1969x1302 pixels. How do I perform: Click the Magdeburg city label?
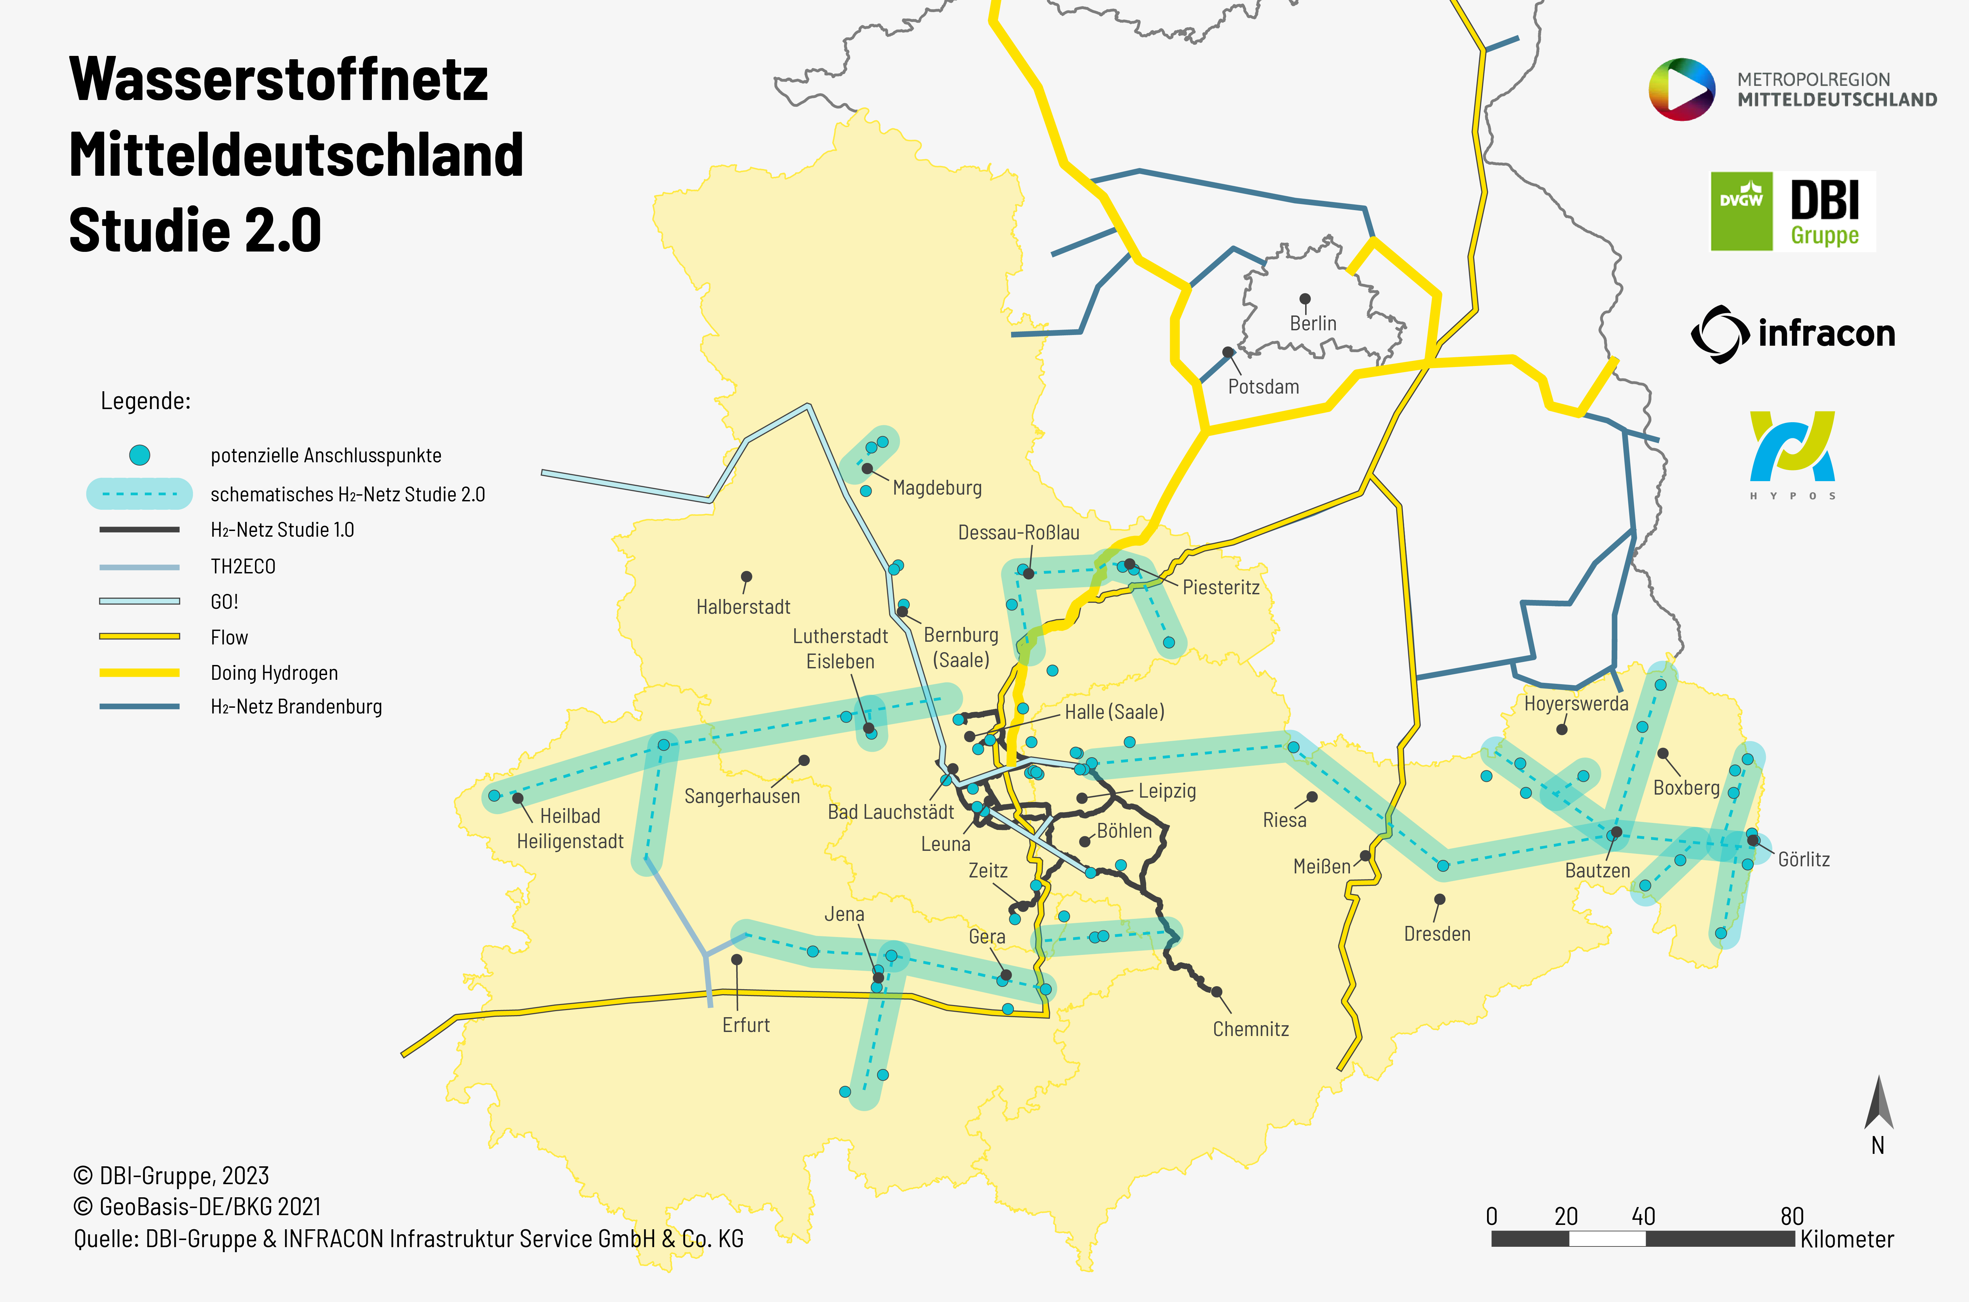[x=937, y=488]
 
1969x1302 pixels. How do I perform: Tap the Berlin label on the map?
[x=1313, y=323]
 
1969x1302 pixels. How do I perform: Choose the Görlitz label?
[x=1804, y=860]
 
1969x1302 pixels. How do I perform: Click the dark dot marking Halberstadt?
[x=747, y=576]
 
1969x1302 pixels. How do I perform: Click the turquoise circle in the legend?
[x=139, y=455]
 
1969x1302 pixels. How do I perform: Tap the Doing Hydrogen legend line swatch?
[x=139, y=673]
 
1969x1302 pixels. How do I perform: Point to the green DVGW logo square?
[x=1741, y=211]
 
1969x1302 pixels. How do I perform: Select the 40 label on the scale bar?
[x=1643, y=1216]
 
